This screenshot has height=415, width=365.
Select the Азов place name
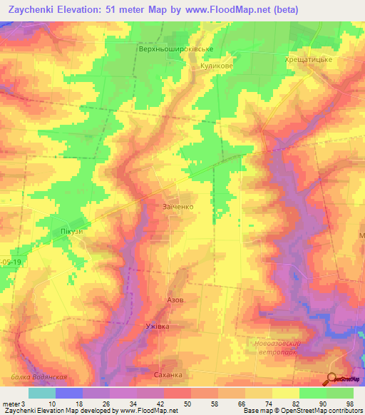175,300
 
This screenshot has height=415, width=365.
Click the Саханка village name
168,374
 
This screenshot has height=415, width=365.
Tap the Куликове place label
216,65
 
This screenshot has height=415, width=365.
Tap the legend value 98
349,404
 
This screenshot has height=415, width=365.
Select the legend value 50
187,404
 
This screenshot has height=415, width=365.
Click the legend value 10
51,404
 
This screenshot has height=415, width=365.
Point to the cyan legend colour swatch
41,393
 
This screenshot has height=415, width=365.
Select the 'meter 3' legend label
12,404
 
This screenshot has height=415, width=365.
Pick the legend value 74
267,404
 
